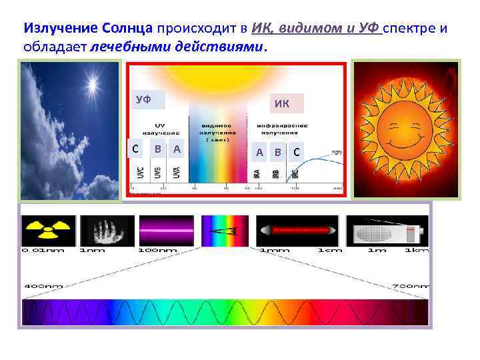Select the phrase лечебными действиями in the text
pos(177,47)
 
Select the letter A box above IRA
pos(260,152)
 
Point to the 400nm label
pos(43,286)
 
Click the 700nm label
pos(407,286)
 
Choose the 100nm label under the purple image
pos(159,251)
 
